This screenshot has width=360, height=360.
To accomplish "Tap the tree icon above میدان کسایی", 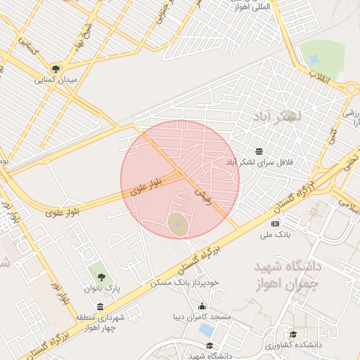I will click(56, 69).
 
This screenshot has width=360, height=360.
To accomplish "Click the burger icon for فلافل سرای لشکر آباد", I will click(259, 151).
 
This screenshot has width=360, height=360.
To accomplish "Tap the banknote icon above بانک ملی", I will click(274, 223).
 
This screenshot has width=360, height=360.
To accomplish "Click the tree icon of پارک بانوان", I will click(99, 275).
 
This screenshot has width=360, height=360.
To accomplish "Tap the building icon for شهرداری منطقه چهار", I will click(100, 306).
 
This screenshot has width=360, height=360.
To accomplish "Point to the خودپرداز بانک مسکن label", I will click(185, 283).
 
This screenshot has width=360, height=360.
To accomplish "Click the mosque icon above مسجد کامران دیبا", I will click(203, 306).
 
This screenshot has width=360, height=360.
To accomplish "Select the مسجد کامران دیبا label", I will click(202, 317).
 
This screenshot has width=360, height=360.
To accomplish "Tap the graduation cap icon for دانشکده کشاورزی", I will click(293, 334).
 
